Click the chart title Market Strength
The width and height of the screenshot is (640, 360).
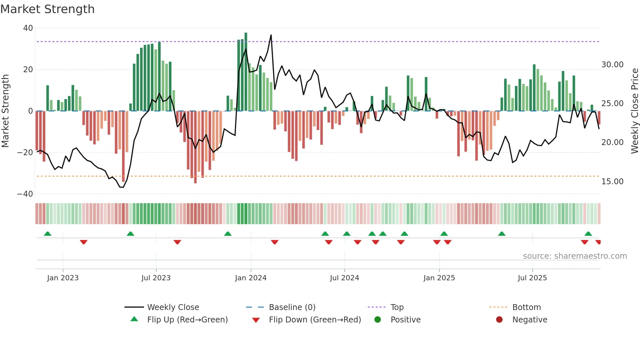[x=47, y=9]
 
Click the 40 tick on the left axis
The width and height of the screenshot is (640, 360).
[x=28, y=28]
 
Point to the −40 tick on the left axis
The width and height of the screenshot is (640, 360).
[x=25, y=194]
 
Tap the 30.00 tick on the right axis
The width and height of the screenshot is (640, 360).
[x=612, y=65]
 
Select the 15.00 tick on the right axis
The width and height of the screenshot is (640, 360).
[x=612, y=182]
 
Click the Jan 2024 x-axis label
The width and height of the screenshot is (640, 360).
[x=251, y=278]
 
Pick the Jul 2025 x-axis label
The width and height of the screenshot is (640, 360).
[x=532, y=278]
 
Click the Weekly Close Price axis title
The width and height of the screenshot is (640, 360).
[x=634, y=111]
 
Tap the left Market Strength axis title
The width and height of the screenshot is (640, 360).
[x=5, y=111]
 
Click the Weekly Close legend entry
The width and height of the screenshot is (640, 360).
[x=173, y=307]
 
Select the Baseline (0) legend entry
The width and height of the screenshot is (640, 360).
[x=292, y=307]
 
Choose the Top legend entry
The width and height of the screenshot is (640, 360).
[x=397, y=307]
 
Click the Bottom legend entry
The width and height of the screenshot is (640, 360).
[x=526, y=307]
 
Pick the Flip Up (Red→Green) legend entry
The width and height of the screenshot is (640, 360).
[x=187, y=320]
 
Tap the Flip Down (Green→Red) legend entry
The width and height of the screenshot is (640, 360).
[x=315, y=320]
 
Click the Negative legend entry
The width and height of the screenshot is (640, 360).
[x=529, y=320]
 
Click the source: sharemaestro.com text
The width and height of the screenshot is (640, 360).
[x=575, y=256]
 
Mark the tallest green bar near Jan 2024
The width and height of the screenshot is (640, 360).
[x=246, y=72]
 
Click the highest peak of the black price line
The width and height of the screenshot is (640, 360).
[x=271, y=35]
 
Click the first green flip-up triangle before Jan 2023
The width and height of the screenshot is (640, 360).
[x=48, y=234]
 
